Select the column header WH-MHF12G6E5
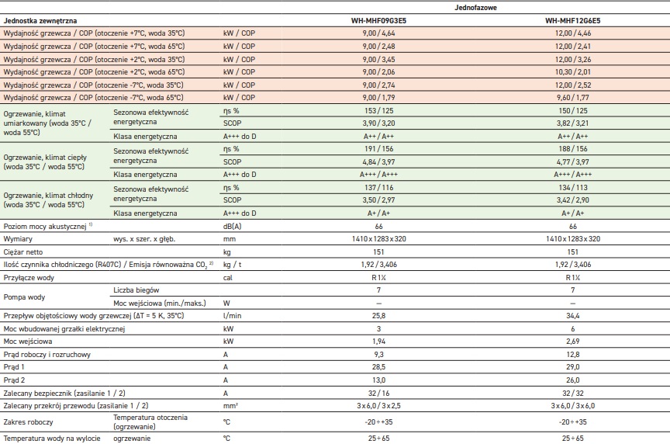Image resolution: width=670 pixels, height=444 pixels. (x=573, y=20)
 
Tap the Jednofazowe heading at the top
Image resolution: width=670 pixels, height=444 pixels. (x=476, y=6)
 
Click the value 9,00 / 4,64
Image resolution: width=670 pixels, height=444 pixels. (x=378, y=33)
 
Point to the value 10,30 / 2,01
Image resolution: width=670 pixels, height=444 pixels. (x=573, y=72)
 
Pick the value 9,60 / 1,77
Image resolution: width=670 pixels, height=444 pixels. (x=573, y=98)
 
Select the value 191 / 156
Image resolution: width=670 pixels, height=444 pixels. (x=378, y=148)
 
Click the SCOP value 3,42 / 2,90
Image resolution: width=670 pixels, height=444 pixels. (x=573, y=199)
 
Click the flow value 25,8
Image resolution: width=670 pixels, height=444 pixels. (x=378, y=316)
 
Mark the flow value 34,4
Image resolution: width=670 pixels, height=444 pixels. (x=573, y=316)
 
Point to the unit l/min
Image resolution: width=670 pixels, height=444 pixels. (x=232, y=316)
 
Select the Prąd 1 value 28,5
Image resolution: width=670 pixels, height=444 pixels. (x=378, y=366)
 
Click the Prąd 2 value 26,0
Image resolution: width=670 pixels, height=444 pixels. (x=573, y=380)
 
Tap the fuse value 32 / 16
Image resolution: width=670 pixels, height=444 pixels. (x=378, y=392)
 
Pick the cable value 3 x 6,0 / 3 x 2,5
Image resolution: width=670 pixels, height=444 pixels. (x=378, y=405)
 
